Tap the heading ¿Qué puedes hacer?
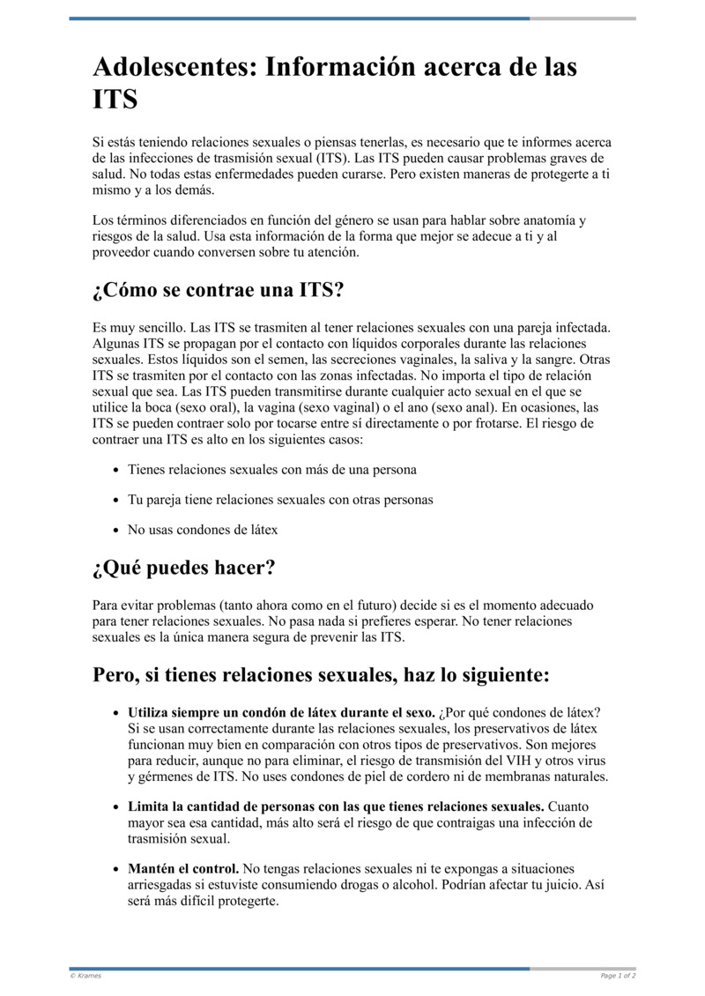(x=183, y=568)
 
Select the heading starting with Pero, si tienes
(x=321, y=675)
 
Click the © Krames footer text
(x=85, y=976)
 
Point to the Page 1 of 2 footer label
(x=618, y=976)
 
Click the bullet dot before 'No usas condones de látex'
(x=115, y=530)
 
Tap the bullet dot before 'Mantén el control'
(x=115, y=869)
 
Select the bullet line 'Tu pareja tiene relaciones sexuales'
(x=280, y=500)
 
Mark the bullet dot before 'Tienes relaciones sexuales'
(x=115, y=470)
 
